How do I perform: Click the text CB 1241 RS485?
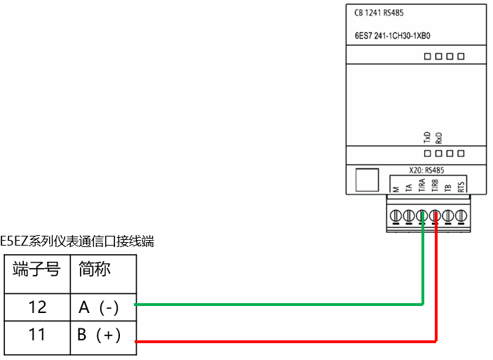point(379,13)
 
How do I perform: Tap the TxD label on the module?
point(426,137)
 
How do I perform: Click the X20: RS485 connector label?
point(426,169)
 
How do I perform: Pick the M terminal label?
point(396,188)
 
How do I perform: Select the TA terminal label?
point(409,187)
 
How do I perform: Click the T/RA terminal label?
point(422,185)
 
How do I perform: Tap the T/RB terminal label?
point(435,185)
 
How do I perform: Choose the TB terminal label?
point(448,187)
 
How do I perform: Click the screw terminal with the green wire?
point(422,215)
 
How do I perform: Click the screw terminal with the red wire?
point(435,215)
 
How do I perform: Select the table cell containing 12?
point(37,307)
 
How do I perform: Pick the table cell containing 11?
point(37,335)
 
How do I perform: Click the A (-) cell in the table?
point(103,307)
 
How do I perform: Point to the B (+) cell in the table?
point(103,335)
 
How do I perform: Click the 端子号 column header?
point(37,269)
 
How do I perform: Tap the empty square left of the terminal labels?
point(365,180)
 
